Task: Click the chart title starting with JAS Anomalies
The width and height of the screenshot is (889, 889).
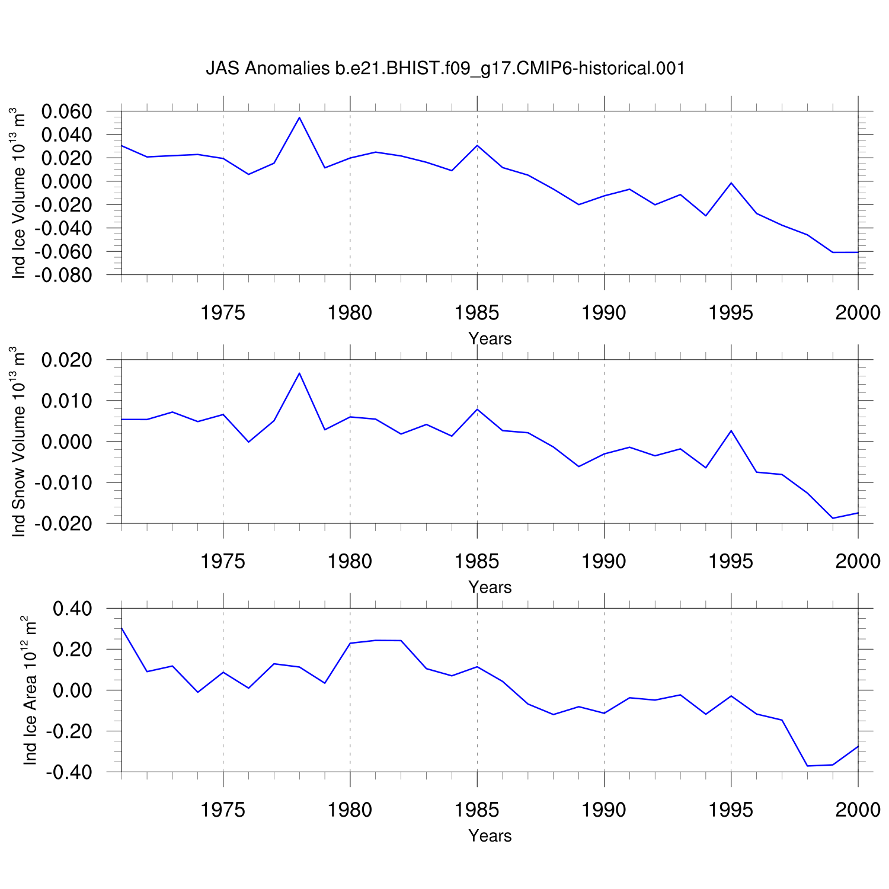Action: coord(445,69)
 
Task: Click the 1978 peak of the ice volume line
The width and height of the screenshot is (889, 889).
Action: coord(299,117)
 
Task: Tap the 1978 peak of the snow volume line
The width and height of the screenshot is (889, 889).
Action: coord(299,373)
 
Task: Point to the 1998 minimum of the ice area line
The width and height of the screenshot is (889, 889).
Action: coord(807,766)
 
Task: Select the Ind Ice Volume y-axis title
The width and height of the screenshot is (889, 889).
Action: coord(18,193)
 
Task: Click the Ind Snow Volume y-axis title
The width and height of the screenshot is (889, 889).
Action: coord(18,442)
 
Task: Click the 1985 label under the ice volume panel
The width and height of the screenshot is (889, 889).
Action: coord(477,312)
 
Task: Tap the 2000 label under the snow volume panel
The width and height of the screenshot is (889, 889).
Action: coord(858,561)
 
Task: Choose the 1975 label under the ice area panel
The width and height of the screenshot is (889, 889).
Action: coord(223,809)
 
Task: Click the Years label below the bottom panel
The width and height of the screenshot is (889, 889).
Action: coord(490,836)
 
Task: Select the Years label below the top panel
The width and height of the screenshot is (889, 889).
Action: coord(490,339)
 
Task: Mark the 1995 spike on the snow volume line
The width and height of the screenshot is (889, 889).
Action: coord(731,430)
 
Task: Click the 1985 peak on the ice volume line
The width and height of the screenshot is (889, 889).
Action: coord(477,145)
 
